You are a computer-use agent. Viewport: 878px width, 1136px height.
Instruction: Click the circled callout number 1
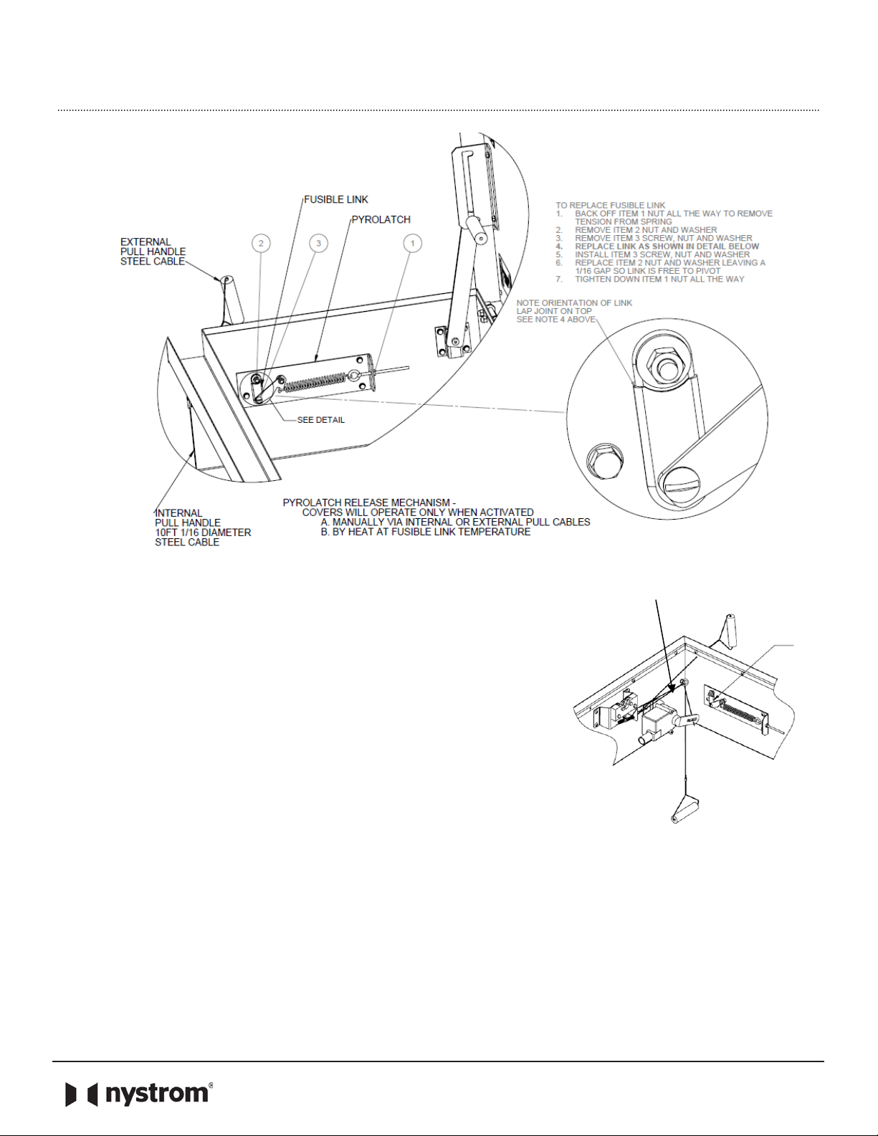(x=412, y=243)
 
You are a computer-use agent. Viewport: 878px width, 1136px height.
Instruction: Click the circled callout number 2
(x=261, y=243)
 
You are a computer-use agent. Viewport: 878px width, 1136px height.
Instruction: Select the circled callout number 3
(x=318, y=243)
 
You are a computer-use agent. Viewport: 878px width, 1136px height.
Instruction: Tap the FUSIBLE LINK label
(x=336, y=199)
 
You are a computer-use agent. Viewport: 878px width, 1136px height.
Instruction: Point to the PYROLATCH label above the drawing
(x=381, y=219)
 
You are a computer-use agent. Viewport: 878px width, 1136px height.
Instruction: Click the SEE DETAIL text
(x=321, y=420)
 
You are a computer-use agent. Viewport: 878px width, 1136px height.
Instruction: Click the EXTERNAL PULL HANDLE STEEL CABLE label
(x=153, y=252)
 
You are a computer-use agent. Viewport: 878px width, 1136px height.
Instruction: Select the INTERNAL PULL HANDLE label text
(x=188, y=517)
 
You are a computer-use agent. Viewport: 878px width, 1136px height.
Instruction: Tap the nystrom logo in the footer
(x=139, y=1094)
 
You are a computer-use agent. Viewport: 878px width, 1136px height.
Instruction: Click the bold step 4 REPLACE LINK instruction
(x=657, y=247)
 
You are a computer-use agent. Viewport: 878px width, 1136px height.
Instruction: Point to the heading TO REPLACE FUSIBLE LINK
(x=611, y=206)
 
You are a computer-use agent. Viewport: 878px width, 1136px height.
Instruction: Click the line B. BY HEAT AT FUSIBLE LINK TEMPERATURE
(x=426, y=532)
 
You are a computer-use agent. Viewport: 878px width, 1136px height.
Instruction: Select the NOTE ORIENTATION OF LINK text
(x=574, y=302)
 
